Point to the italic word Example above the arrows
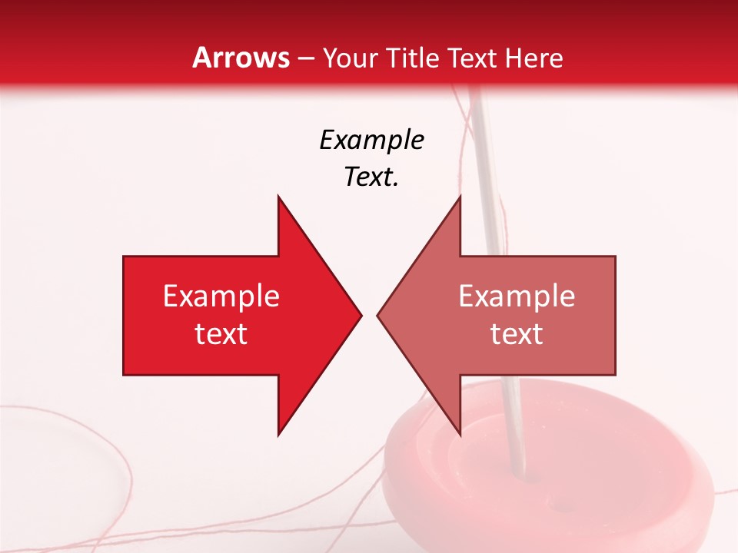click(371, 140)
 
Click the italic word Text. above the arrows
click(371, 177)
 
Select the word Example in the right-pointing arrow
click(221, 296)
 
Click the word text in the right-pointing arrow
click(221, 334)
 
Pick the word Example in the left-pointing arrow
click(517, 296)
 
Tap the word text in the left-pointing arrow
click(517, 334)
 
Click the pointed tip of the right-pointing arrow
click(361, 315)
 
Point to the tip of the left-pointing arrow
click(378, 315)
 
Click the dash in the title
click(305, 58)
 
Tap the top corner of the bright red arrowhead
click(278, 197)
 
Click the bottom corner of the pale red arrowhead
click(460, 435)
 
